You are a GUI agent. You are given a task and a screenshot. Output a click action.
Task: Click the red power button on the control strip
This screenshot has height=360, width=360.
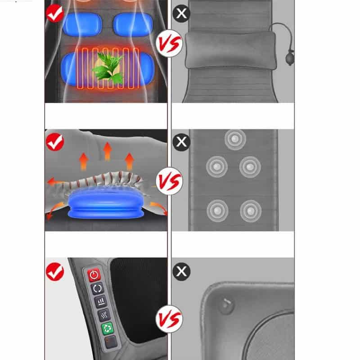pyautogui.click(x=94, y=274)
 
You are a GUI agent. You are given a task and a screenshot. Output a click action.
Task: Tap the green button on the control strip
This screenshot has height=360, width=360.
pyautogui.click(x=107, y=328)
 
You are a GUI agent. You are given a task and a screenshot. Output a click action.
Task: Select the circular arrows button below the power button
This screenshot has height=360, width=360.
pyautogui.click(x=97, y=288)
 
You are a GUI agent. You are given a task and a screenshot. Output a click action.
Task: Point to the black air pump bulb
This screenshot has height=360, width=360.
pyautogui.click(x=289, y=58)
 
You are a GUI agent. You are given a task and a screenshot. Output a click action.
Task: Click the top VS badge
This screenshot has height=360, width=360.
pyautogui.click(x=169, y=43)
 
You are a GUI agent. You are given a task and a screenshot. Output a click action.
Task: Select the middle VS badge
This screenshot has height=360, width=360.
pyautogui.click(x=169, y=181)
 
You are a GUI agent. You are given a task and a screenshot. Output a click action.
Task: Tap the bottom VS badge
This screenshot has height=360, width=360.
pyautogui.click(x=169, y=319)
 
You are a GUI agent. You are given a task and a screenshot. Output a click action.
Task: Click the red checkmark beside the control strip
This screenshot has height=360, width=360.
pyautogui.click(x=55, y=272)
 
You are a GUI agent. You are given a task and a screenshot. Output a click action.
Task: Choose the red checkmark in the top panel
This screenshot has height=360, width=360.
pyautogui.click(x=55, y=13)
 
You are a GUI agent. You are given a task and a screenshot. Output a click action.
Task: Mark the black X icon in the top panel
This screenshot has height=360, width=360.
pyautogui.click(x=181, y=13)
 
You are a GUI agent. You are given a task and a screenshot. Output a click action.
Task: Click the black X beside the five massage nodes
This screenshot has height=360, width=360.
pyautogui.click(x=181, y=142)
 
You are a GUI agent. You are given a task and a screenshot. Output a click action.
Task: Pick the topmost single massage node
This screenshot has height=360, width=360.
pyautogui.click(x=235, y=139)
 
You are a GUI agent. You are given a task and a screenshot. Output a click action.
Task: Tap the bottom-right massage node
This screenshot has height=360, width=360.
pyautogui.click(x=251, y=211)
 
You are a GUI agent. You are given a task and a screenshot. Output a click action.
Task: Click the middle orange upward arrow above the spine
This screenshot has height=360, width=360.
pyautogui.click(x=107, y=151)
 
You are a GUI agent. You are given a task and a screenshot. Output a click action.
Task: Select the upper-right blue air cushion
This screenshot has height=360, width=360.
pyautogui.click(x=133, y=25)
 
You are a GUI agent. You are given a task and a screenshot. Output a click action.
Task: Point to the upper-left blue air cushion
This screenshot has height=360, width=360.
pyautogui.click(x=82, y=25)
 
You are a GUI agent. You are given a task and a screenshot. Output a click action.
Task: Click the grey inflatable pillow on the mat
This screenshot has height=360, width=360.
pyautogui.click(x=230, y=50)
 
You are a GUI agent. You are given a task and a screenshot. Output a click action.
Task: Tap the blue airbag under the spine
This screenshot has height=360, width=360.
pyautogui.click(x=106, y=203)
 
